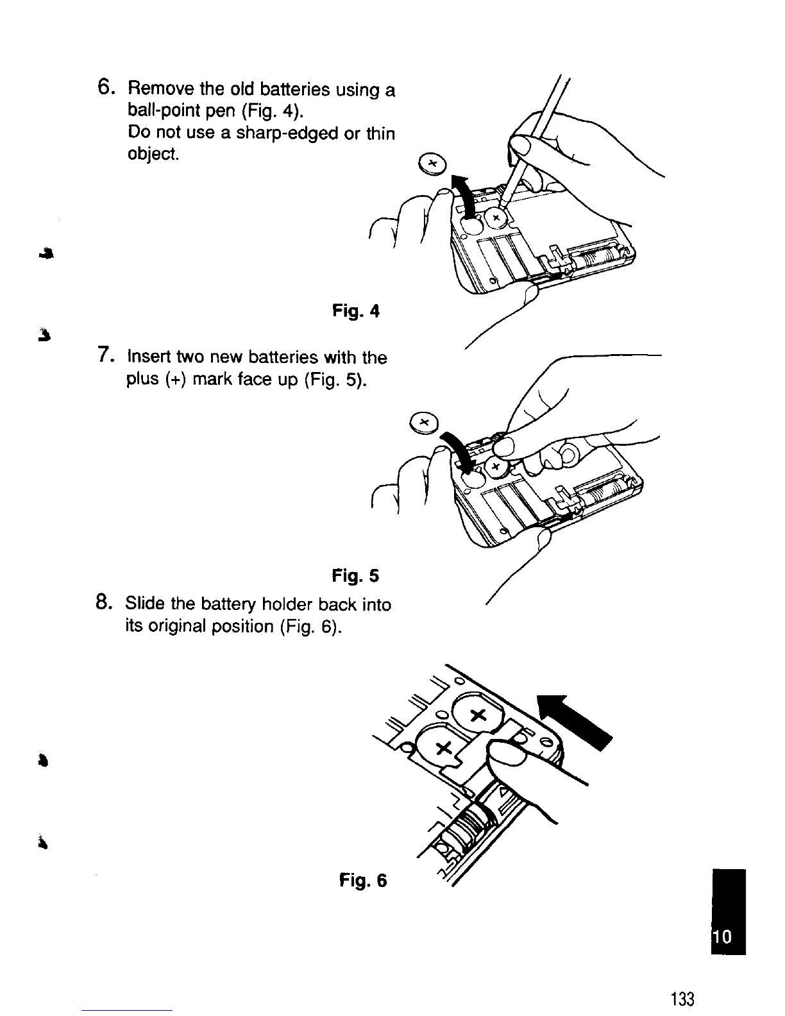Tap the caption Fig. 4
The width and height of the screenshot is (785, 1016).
point(356,312)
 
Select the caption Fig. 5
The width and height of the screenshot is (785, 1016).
point(356,576)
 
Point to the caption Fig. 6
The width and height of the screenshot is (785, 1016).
point(363,881)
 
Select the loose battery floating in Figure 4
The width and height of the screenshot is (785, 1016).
point(430,163)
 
